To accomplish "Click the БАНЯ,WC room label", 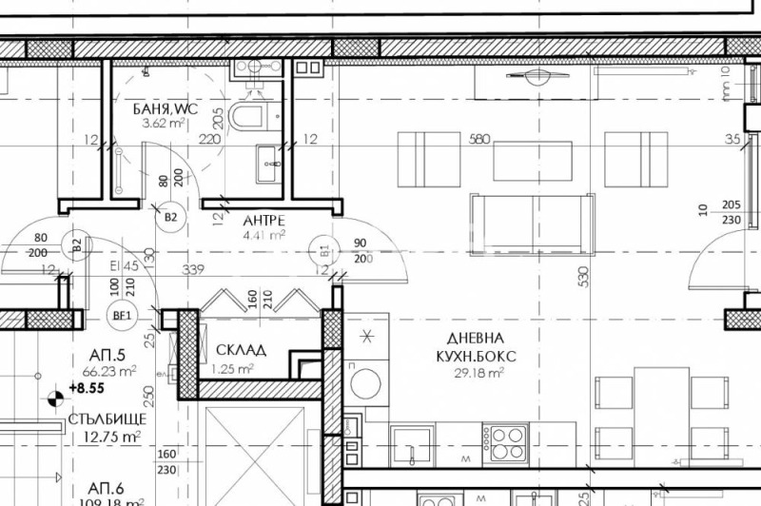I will pos(165,109).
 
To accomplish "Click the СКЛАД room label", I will pos(241,350).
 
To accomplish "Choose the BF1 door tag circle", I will pos(123,314).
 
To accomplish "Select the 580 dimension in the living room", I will pos(479,139).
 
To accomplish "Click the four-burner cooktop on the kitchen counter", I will pos(506,444).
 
